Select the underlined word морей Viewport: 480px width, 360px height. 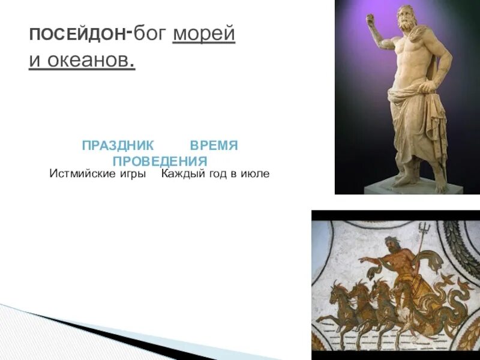pos(204,34)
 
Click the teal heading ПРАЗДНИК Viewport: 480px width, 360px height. pos(118,146)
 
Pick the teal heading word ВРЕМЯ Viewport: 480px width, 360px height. pos(214,146)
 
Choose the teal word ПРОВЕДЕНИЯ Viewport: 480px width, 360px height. pos(160,161)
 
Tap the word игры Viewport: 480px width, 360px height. pos(134,174)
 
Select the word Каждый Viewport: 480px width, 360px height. pos(180,174)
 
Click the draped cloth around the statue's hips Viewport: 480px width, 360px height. pos(414,102)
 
